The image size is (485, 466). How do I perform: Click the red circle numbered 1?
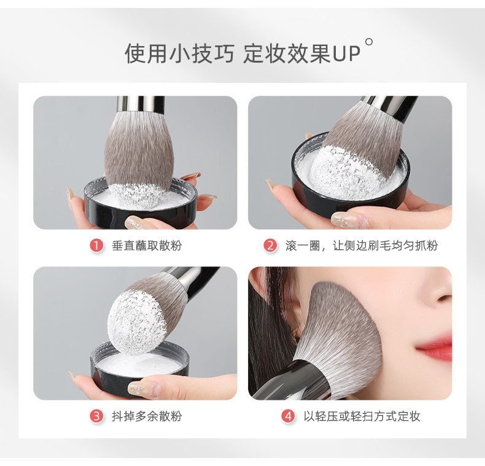click(96, 246)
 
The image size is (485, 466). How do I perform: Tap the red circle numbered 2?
click(270, 246)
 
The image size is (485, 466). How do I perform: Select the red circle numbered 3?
click(96, 416)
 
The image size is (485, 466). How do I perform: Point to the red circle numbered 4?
click(288, 416)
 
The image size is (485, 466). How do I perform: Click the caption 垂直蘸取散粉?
click(147, 246)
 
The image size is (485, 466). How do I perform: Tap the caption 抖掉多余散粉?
click(147, 416)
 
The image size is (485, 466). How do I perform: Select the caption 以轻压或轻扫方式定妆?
click(362, 416)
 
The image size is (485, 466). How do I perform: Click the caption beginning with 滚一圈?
click(362, 246)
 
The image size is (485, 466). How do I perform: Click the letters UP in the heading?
click(346, 54)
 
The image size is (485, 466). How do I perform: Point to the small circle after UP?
click(369, 42)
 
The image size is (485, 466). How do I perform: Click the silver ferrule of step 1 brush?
click(141, 104)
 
